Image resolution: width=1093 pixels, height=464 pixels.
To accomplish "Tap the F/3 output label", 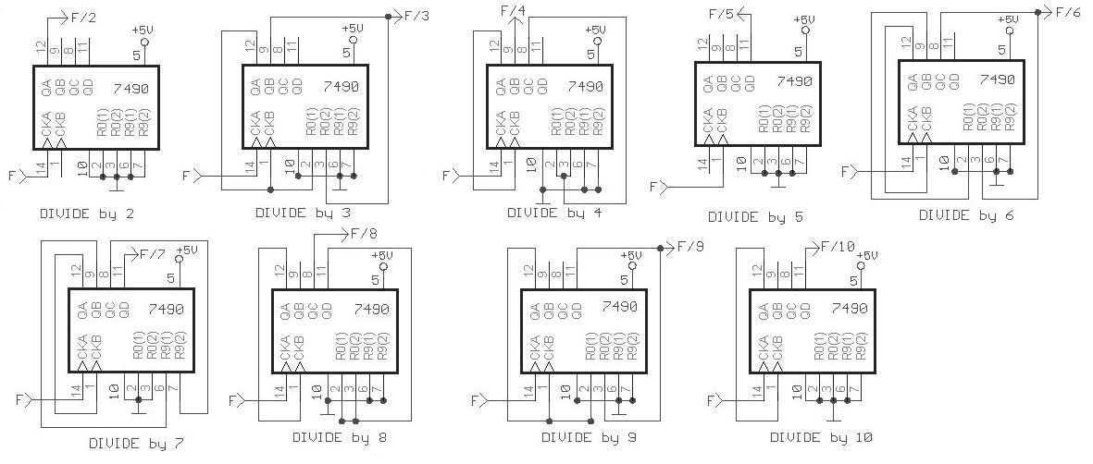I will coord(416,15).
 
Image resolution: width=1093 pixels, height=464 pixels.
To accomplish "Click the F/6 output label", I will coord(1069,12).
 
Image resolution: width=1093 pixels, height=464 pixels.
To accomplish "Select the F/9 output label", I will coord(690,247).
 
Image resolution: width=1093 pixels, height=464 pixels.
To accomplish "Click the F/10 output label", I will coord(840,247).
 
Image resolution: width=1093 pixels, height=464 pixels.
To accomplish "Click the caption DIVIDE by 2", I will coord(88,214).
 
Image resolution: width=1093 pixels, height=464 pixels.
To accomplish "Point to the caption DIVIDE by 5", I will coord(755,217).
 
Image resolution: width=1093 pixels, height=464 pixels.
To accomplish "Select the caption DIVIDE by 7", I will coord(136,443).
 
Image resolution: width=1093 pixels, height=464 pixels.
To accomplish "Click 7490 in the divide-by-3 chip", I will coord(342,87).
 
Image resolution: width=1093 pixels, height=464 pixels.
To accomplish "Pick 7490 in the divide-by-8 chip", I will coord(371,310).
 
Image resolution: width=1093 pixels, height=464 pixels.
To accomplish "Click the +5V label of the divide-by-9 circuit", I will coord(630,255).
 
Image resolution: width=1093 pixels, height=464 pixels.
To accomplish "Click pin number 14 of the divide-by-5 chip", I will coord(703,164).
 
